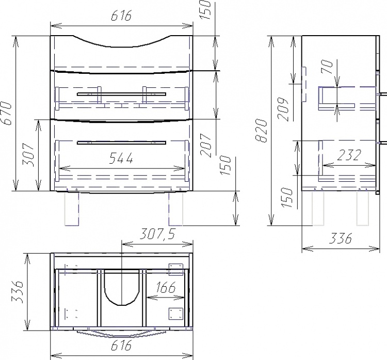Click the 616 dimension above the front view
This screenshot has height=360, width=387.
pos(121,16)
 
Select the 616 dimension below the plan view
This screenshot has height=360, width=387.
pos(121,345)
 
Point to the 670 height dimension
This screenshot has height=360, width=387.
pos(6,114)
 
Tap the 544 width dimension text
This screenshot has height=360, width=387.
pos(121,158)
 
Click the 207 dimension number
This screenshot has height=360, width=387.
pos(206,145)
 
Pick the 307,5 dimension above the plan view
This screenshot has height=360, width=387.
pos(158,234)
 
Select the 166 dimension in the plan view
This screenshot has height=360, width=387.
pos(166,287)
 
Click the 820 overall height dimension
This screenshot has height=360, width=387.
pos(261,131)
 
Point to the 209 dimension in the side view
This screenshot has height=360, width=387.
pos(283,109)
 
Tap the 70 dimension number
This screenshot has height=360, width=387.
pos(327,67)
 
